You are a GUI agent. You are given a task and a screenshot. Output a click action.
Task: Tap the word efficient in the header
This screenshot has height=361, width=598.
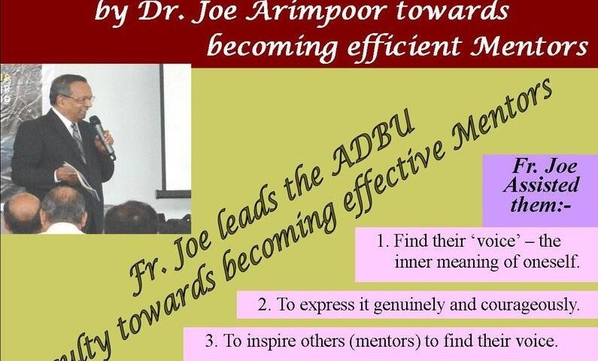click(405, 47)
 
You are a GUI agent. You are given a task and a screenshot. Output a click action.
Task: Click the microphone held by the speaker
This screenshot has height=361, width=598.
click(102, 137)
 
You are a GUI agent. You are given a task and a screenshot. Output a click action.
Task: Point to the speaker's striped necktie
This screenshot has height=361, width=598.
click(78, 142)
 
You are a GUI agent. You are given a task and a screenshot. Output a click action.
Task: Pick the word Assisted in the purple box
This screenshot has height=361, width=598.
click(541, 185)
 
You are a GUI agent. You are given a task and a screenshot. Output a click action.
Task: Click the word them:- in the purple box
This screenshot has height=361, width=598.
click(540, 205)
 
